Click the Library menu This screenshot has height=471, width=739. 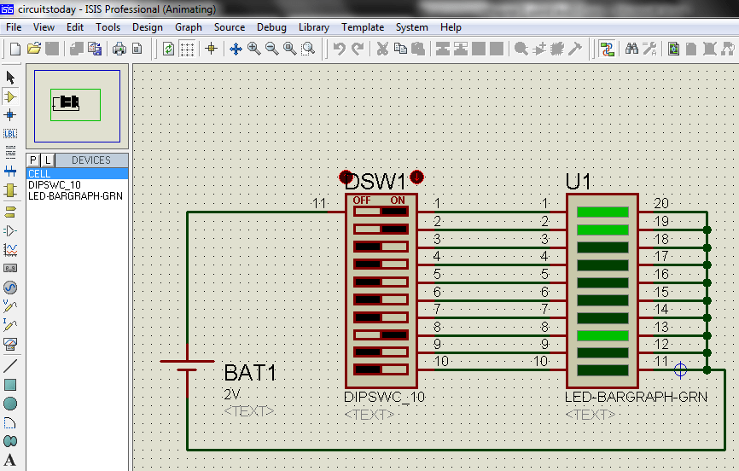tap(313, 27)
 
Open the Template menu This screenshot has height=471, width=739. tap(363, 27)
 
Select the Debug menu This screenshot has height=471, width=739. tap(271, 27)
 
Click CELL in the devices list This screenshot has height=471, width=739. tap(39, 174)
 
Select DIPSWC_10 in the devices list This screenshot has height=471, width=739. tap(54, 184)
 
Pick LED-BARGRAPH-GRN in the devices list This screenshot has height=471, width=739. tap(75, 195)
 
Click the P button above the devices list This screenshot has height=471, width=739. tap(33, 160)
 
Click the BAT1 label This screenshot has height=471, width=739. tap(250, 373)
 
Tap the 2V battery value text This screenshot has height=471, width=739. tap(232, 394)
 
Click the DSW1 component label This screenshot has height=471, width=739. tap(376, 182)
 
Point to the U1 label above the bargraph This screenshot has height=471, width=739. tap(579, 182)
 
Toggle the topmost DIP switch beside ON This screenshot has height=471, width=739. tap(381, 211)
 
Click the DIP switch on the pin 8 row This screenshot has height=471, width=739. tap(381, 334)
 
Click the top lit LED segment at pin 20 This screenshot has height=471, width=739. tap(602, 212)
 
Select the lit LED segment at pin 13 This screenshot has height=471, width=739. tap(602, 335)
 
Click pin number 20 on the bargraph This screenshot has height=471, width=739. tap(660, 203)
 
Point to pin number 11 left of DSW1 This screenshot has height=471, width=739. tap(319, 203)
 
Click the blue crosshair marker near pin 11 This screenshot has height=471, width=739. tap(680, 369)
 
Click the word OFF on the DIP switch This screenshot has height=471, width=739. tap(362, 201)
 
